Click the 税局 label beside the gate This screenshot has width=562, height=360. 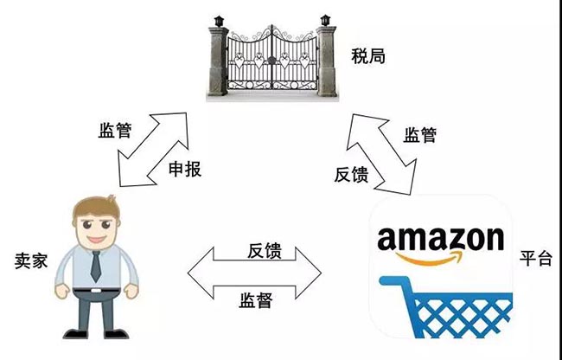[368, 57]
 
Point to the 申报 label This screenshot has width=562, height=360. [184, 169]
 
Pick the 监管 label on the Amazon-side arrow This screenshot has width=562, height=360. [420, 135]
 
